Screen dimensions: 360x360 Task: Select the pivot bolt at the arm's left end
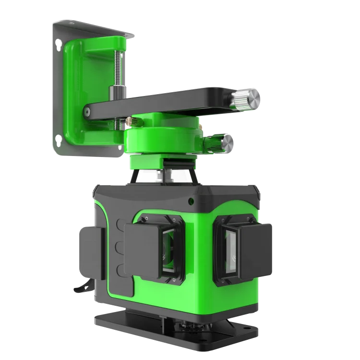pos(86,111)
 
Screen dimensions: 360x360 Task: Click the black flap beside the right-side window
pos(254,252)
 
